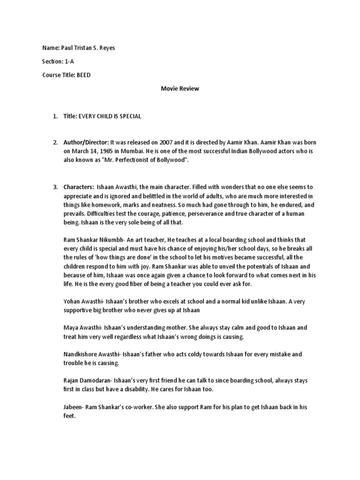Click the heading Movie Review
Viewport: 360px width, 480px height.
click(x=180, y=89)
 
